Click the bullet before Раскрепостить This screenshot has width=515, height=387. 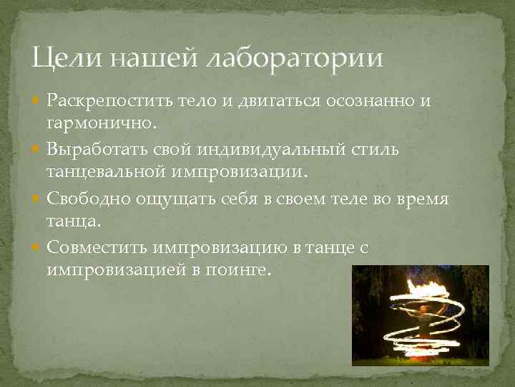[x=37, y=101]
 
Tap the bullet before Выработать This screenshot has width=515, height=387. [x=37, y=150]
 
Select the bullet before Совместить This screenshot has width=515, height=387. [x=37, y=248]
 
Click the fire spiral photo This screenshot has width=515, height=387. [x=420, y=315]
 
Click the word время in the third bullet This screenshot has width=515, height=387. [x=421, y=199]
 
